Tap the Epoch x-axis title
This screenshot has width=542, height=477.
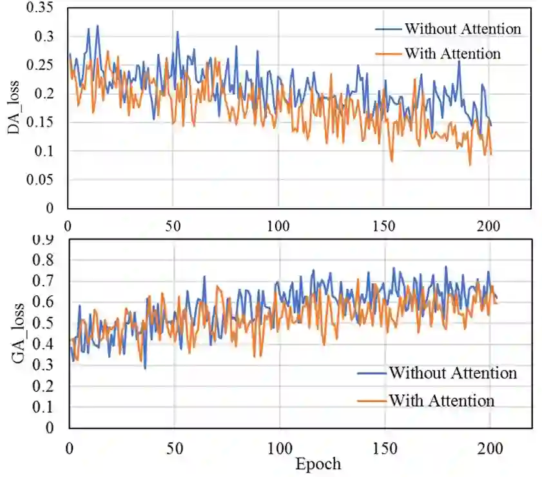(318, 463)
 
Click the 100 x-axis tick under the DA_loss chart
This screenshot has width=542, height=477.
(278, 226)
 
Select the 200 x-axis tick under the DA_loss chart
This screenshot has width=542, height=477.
(489, 226)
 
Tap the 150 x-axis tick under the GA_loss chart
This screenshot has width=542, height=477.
(385, 447)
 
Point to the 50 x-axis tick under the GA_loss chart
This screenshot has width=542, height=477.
(174, 447)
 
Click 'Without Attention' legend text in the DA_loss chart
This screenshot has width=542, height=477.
(462, 29)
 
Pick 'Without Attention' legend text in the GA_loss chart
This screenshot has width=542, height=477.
(452, 373)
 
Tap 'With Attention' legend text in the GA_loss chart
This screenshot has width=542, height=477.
(441, 400)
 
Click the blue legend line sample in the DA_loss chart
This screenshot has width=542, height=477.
(389, 29)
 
